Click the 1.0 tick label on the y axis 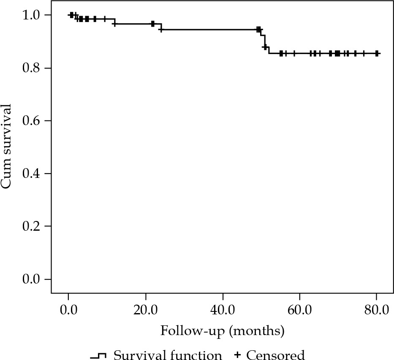click(32, 16)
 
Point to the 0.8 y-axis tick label click(32, 68)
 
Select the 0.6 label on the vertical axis click(32, 121)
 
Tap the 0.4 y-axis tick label click(32, 174)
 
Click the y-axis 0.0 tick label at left click(32, 280)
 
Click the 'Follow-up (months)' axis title click(222, 330)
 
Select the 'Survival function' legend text click(168, 355)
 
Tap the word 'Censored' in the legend click(275, 355)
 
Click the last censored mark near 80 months click(376, 54)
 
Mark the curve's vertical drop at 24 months click(161, 27)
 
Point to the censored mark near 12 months click(114, 24)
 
